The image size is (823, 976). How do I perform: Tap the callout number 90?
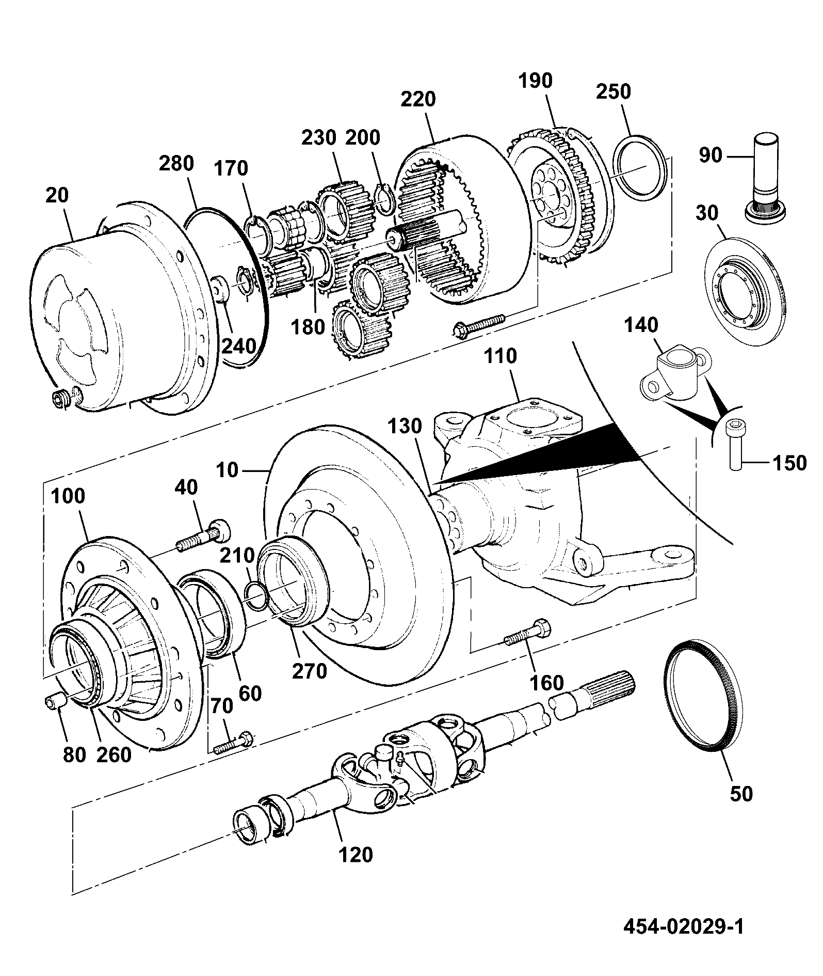tap(710, 155)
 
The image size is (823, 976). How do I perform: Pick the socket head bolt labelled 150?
tap(734, 444)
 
